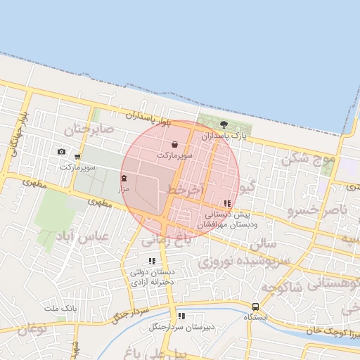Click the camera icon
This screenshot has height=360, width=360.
(x=62, y=152)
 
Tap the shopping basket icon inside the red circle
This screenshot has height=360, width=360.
(x=174, y=145)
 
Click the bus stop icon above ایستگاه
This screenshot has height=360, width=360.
(x=255, y=307)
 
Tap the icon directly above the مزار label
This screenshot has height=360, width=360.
(x=124, y=178)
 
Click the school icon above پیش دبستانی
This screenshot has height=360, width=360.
(x=226, y=204)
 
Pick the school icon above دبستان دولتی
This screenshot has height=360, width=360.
(x=152, y=262)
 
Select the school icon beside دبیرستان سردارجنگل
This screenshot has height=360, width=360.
(x=181, y=316)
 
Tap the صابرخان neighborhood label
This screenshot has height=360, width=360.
(x=89, y=129)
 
